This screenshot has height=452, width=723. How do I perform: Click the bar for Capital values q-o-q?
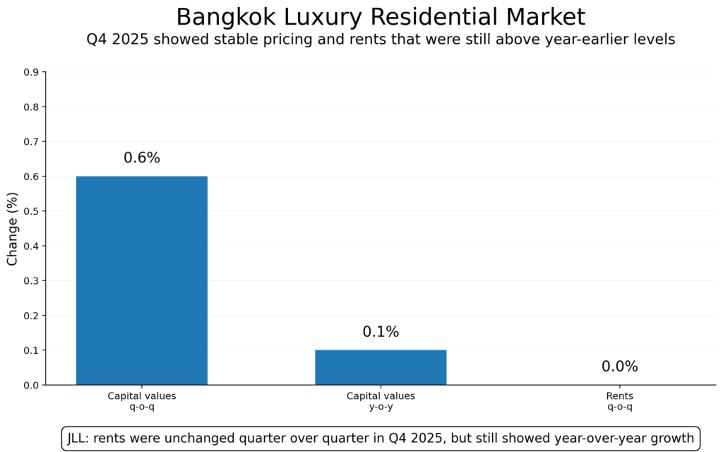pos(141,280)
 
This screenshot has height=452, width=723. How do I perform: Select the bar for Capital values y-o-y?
pos(381,367)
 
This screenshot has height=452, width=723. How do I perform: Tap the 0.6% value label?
pos(142,158)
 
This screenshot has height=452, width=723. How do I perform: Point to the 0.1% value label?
pos(381,332)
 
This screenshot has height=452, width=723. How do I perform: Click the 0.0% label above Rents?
pos(619,367)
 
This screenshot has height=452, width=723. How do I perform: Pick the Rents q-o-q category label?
pos(619,401)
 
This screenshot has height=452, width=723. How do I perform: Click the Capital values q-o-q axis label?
pos(141,401)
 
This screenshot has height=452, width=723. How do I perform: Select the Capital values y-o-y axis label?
pos(381,401)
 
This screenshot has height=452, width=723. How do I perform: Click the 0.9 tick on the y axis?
pos(32,72)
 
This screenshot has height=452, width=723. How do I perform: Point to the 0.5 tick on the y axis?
pos(32,211)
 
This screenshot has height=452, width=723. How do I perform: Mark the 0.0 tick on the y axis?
pos(32,385)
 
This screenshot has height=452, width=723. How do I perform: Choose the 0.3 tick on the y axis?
pos(32,280)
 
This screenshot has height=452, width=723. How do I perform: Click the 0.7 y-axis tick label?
pos(32,141)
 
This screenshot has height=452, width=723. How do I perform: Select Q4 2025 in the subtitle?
pos(114,40)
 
